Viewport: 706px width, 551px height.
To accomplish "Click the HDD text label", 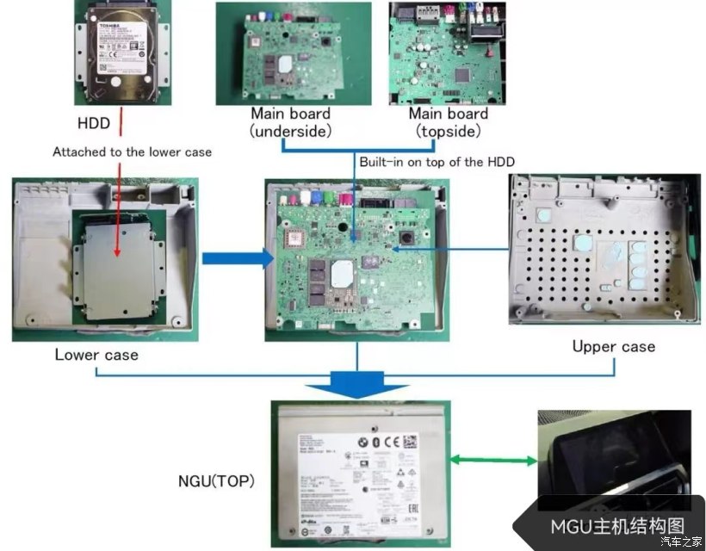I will pyautogui.click(x=93, y=123).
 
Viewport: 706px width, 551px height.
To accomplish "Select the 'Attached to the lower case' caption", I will pyautogui.click(x=132, y=152).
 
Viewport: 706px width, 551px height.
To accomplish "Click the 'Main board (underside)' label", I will pyautogui.click(x=290, y=122).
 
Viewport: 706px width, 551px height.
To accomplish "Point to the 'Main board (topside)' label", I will pyautogui.click(x=448, y=122).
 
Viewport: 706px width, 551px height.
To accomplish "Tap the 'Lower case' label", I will pyautogui.click(x=96, y=354).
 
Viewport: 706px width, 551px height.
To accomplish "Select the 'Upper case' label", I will pyautogui.click(x=613, y=346).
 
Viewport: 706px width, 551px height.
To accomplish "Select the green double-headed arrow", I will pyautogui.click(x=494, y=461).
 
